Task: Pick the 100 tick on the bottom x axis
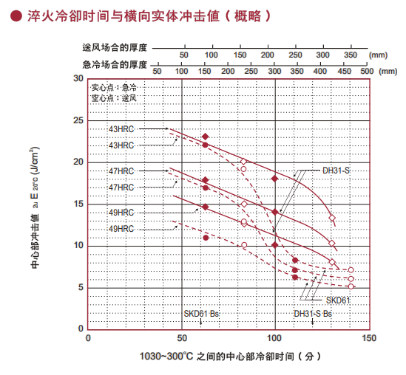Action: click(x=275, y=338)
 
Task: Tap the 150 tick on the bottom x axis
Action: click(x=368, y=338)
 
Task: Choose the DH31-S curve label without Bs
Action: click(x=336, y=171)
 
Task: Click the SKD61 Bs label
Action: click(x=202, y=314)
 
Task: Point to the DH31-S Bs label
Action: click(x=314, y=314)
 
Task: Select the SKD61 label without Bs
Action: click(x=338, y=300)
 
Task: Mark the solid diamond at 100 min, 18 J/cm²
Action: click(x=275, y=179)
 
